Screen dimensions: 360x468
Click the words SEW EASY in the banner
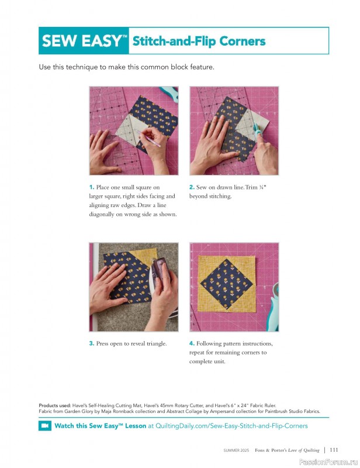pos(81,40)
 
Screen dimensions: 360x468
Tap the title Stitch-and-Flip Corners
pos(199,41)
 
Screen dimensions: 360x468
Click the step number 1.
pos(92,187)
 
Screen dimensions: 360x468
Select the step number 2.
pos(192,187)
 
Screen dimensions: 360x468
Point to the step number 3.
pos(92,343)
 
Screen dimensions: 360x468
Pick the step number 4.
pos(192,343)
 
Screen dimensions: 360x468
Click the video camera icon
pos(45,426)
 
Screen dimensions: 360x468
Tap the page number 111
pos(334,449)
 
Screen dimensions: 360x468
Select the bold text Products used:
pos(55,405)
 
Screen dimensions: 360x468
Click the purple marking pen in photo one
pos(148,138)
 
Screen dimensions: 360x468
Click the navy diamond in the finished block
pos(226,284)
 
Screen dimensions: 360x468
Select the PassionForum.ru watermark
pos(328,462)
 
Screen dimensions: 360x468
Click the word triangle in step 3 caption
pos(156,343)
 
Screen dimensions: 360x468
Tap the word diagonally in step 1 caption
pos(102,214)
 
